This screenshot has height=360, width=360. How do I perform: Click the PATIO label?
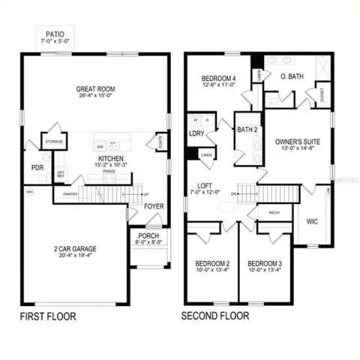[x=55, y=34]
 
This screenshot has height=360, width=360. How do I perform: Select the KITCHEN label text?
[x=110, y=159]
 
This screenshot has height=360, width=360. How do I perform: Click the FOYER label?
[x=154, y=205]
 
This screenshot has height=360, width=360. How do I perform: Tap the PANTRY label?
[x=70, y=194]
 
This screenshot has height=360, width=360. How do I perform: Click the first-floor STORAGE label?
[x=53, y=140]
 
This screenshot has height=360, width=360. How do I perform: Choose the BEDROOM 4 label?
[x=218, y=79]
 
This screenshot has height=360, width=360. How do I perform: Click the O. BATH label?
[x=292, y=77]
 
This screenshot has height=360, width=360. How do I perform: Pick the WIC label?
[x=313, y=221]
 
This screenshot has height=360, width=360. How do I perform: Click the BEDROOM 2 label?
[x=211, y=264]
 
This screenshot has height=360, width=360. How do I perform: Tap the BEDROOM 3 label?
[x=264, y=264]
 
